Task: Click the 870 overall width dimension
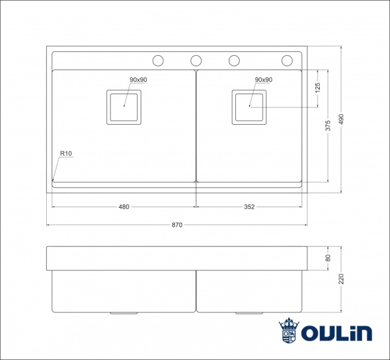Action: click(x=177, y=225)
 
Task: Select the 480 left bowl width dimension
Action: click(x=123, y=207)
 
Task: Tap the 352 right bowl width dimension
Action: click(x=250, y=207)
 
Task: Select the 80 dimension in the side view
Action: click(x=328, y=258)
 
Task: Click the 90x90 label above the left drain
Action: click(x=138, y=79)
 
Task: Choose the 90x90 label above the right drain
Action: click(x=263, y=79)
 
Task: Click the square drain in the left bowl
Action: click(x=123, y=107)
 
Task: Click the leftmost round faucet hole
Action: click(x=158, y=60)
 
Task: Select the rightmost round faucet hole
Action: click(x=287, y=60)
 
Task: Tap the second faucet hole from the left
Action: click(x=196, y=60)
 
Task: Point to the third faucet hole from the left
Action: click(x=233, y=60)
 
